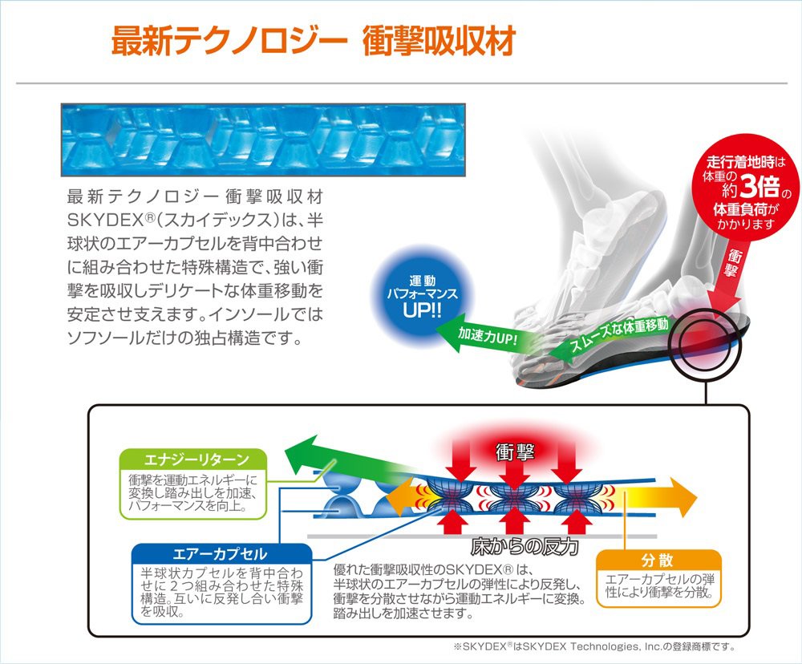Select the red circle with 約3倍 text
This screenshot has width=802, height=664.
point(747,189)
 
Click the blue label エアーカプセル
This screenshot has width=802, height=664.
point(220,554)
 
